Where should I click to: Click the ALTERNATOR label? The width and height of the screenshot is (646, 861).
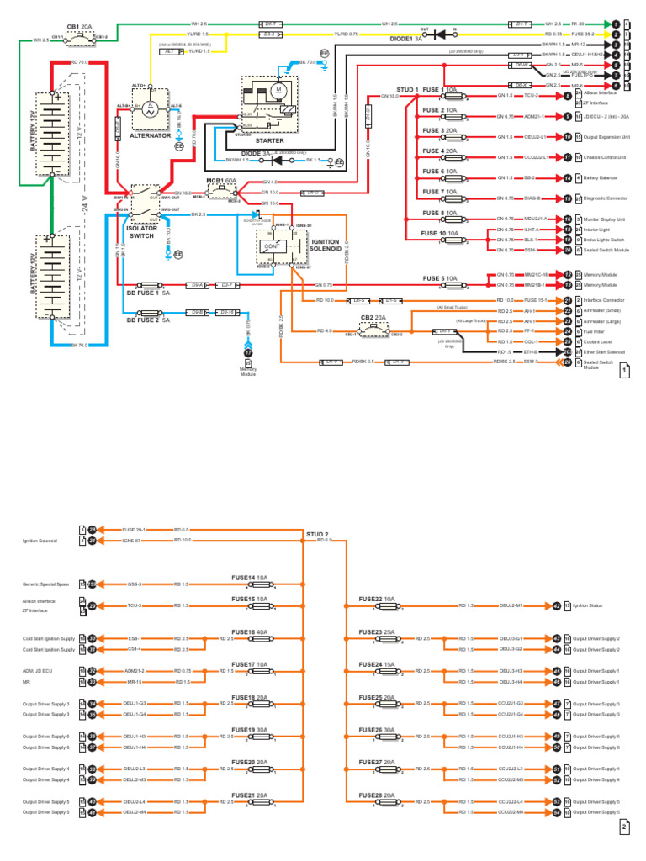151,135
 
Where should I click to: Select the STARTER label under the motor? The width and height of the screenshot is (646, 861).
269,140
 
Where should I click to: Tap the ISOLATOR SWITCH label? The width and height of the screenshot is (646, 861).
141,232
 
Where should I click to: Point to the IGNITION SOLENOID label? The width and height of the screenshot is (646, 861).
326,245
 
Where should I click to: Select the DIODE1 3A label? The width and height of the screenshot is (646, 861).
408,39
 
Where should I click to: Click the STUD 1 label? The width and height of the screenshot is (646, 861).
407,89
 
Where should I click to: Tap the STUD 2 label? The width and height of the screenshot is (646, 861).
317,534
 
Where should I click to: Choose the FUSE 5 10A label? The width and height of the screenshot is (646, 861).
439,278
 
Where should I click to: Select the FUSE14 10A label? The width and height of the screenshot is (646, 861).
250,578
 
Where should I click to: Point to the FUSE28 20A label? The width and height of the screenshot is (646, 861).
377,795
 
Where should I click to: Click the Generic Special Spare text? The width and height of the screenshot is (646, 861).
46,584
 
